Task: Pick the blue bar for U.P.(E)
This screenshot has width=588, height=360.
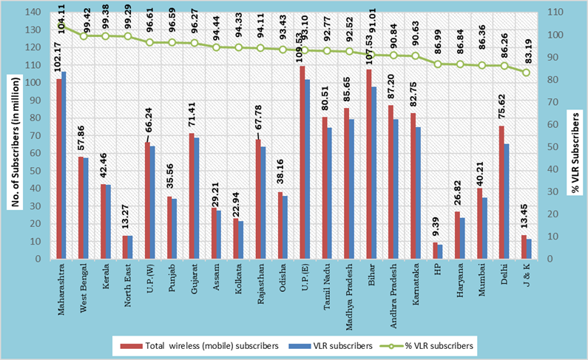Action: click(x=307, y=169)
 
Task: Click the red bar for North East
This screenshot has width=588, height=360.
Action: click(x=125, y=247)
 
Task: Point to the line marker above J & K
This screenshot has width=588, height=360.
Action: click(x=527, y=72)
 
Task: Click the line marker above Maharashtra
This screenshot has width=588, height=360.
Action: click(x=61, y=25)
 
